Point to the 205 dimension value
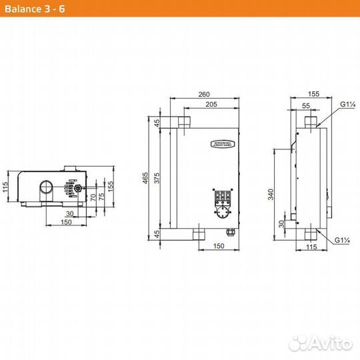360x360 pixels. (211, 105)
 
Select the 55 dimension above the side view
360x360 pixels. (306, 105)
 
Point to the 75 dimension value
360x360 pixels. (101, 197)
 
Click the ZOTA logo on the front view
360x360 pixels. (221, 143)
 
